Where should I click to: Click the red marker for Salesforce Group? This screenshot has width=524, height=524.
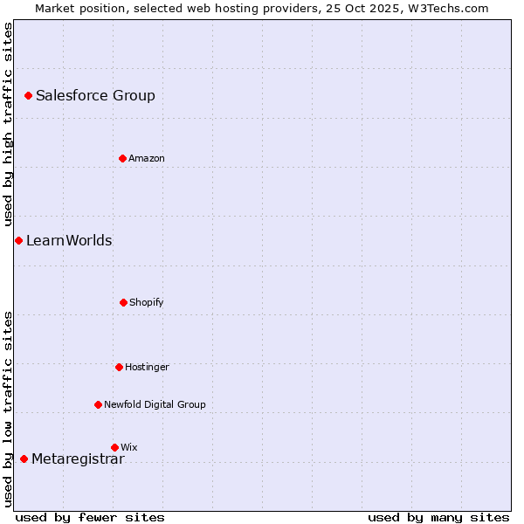(x=28, y=95)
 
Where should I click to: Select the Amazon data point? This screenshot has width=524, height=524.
(x=122, y=158)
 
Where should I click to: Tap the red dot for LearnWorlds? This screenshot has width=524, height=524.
(x=18, y=240)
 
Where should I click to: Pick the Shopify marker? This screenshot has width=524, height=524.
(x=123, y=302)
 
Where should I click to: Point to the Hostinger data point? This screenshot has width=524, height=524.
(x=119, y=367)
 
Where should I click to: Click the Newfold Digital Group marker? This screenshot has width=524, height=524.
(x=98, y=404)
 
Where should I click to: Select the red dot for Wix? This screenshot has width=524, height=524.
(x=114, y=447)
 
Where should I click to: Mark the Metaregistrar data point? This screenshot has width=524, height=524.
(x=24, y=458)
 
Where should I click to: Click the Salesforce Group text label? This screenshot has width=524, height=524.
(x=95, y=96)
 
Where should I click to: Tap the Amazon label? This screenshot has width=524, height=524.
(x=147, y=159)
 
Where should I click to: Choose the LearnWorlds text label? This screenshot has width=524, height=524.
(x=69, y=241)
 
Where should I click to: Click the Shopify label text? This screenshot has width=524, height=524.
(x=147, y=303)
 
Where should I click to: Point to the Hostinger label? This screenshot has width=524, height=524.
(x=147, y=368)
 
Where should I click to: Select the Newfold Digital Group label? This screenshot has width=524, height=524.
(x=155, y=405)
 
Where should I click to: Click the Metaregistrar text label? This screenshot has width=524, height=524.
(x=78, y=459)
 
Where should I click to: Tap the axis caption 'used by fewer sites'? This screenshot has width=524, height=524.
(x=90, y=518)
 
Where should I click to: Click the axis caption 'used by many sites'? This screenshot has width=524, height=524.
(x=438, y=518)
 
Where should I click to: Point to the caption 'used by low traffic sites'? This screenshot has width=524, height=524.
(x=9, y=408)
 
